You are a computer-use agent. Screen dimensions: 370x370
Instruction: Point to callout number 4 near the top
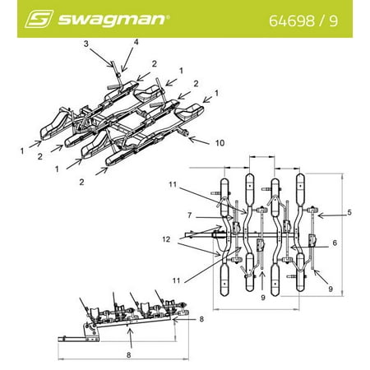136,42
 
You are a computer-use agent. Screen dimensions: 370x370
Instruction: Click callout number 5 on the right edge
350,213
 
